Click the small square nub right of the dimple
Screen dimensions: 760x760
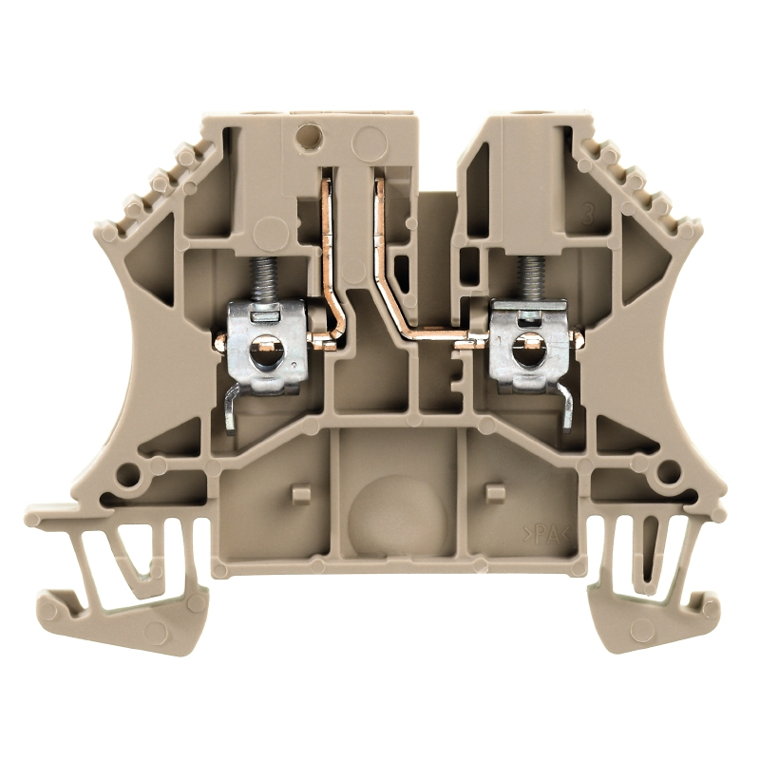coord(493,491)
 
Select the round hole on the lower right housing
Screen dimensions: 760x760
coord(669,470)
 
